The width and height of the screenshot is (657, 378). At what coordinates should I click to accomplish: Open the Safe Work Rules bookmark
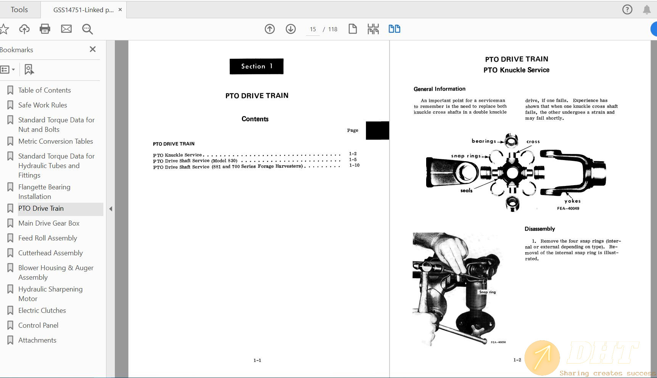click(42, 105)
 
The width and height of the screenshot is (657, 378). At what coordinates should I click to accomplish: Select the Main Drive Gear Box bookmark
click(49, 223)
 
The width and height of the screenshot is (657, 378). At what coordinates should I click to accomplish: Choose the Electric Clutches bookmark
click(42, 310)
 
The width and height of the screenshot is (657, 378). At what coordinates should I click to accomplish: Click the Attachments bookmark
click(37, 340)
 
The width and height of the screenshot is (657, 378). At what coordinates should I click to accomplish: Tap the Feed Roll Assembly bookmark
click(48, 238)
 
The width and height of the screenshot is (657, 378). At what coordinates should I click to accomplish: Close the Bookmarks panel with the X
click(93, 49)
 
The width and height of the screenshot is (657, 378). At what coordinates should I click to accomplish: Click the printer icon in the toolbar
click(45, 29)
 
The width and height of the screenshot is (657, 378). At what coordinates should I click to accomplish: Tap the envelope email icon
click(66, 29)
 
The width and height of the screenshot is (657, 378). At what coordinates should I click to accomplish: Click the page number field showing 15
click(313, 29)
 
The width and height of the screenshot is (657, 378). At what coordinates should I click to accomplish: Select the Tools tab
click(19, 10)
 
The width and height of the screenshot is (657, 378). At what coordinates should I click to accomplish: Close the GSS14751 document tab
click(120, 10)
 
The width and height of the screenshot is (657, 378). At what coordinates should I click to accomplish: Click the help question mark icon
click(627, 10)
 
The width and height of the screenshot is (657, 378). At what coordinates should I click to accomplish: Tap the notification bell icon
click(647, 10)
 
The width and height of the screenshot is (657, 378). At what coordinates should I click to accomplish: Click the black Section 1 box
click(256, 66)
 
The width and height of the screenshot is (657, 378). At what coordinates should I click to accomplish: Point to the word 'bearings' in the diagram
click(484, 141)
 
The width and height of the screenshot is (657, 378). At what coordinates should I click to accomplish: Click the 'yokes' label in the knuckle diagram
click(572, 201)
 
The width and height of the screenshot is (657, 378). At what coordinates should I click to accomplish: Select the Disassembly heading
click(539, 229)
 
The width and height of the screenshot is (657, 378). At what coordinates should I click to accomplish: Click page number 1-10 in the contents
click(354, 165)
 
